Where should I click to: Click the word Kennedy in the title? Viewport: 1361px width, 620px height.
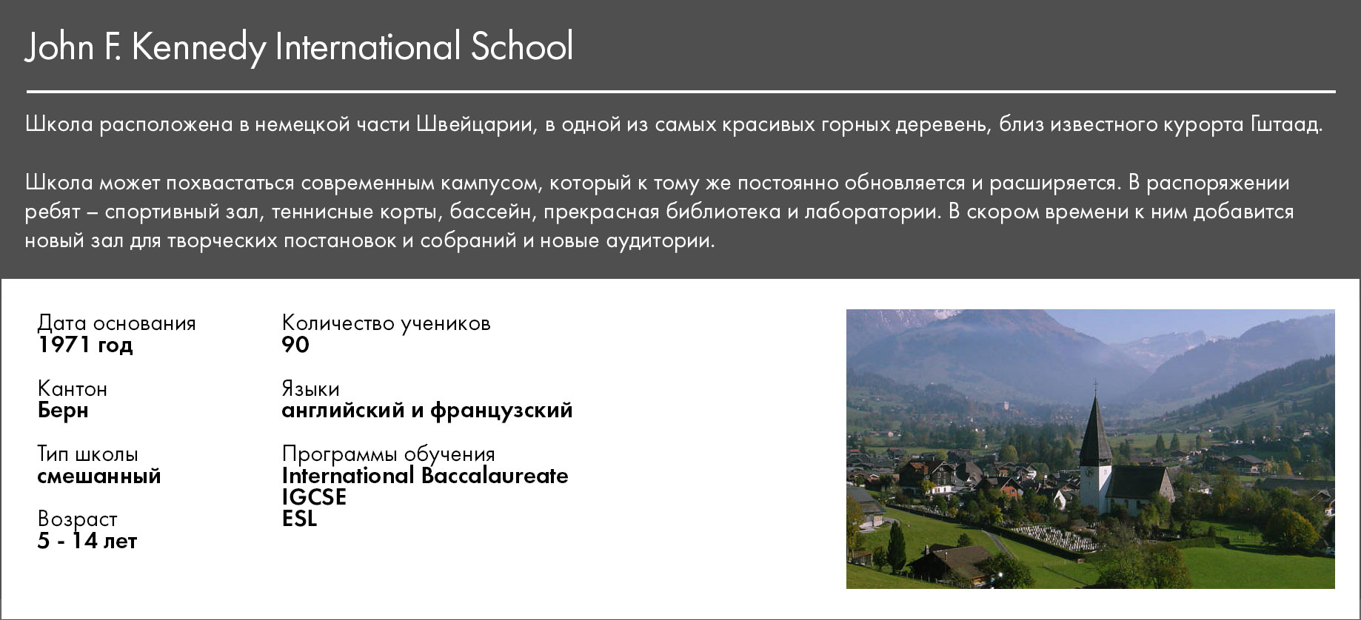click(199, 47)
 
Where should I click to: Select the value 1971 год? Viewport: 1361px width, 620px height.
click(85, 345)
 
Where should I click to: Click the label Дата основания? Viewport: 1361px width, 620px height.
click(117, 323)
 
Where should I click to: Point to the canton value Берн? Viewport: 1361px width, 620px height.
click(63, 411)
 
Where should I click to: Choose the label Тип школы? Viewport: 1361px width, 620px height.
click(88, 454)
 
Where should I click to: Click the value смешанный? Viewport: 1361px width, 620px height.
click(99, 476)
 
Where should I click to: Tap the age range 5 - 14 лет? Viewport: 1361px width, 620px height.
click(87, 541)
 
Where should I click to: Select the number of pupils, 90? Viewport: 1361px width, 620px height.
click(295, 345)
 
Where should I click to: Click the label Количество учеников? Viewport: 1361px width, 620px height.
click(387, 323)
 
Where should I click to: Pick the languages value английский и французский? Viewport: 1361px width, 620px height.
click(427, 411)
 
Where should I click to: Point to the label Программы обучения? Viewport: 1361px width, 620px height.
click(389, 454)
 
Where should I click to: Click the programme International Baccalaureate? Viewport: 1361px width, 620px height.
click(425, 476)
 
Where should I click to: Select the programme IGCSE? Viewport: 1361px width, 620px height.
click(314, 497)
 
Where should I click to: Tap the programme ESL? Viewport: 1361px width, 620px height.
click(299, 519)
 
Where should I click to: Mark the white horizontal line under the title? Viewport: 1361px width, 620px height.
click(681, 92)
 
